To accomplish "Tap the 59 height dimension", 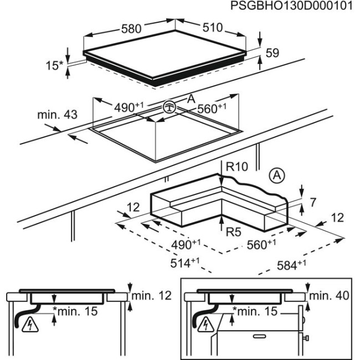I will (x=272, y=54).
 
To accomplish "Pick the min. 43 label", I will (x=58, y=115).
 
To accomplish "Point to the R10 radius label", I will (x=237, y=167).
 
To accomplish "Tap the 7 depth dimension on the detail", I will (x=312, y=203).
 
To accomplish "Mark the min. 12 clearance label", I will (x=155, y=296).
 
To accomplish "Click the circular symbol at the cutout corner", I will (x=169, y=107).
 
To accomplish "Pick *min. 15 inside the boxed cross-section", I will (x=254, y=311).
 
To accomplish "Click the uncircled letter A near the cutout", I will (x=191, y=99).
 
